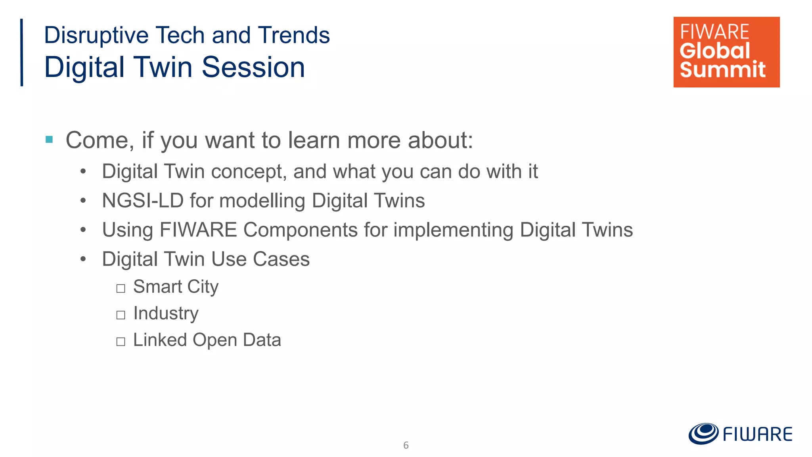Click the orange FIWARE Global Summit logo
(726, 52)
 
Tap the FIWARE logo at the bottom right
(740, 434)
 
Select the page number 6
(406, 445)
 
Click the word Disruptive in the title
(96, 35)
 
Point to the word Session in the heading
(253, 67)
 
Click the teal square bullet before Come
(49, 140)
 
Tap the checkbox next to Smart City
(121, 288)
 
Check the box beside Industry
(121, 315)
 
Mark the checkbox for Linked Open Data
(121, 342)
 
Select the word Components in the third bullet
(300, 230)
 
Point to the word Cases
(281, 259)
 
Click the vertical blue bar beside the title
(22, 52)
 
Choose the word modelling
(262, 200)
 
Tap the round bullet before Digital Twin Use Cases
(83, 259)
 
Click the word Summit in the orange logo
(722, 70)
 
